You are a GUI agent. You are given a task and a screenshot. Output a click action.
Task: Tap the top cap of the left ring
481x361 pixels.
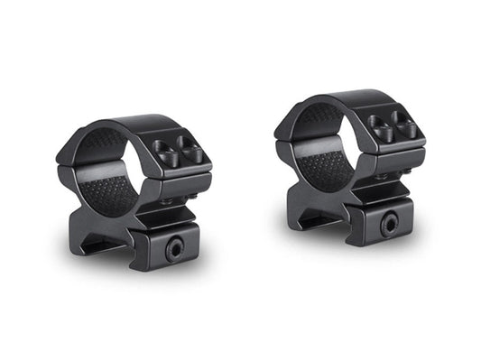tap(126, 126)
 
